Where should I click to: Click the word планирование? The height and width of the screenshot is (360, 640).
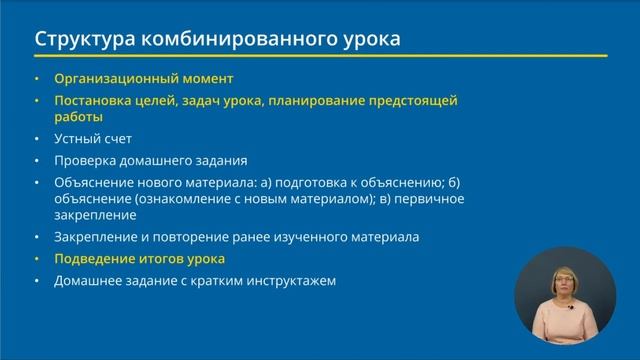[334, 100]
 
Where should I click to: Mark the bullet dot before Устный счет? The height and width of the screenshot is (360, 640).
[37, 139]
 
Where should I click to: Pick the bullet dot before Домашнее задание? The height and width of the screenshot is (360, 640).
[37, 280]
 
